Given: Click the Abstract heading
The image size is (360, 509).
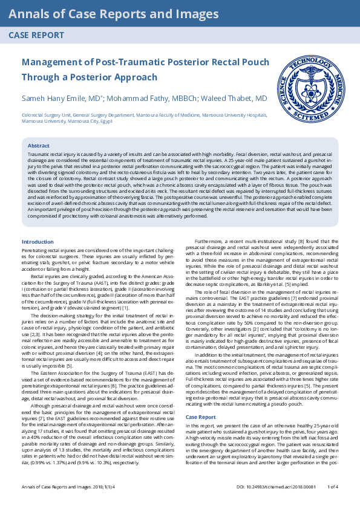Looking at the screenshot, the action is point(39,146).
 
